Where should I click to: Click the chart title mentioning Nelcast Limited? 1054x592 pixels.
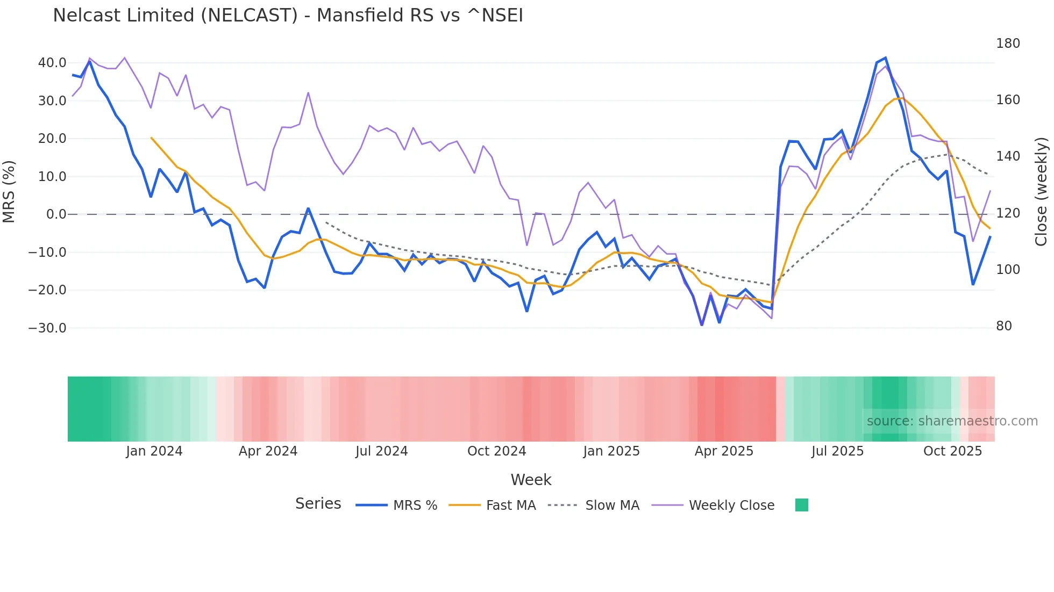pyautogui.click(x=288, y=16)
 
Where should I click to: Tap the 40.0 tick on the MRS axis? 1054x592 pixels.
pyautogui.click(x=52, y=63)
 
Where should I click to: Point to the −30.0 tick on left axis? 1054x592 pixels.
pyautogui.click(x=47, y=328)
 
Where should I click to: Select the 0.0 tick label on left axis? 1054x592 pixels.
pyautogui.click(x=56, y=214)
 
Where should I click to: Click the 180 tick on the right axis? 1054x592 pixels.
pyautogui.click(x=1008, y=44)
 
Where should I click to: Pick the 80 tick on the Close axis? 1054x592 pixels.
pyautogui.click(x=1004, y=326)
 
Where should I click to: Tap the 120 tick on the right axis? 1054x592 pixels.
pyautogui.click(x=1008, y=213)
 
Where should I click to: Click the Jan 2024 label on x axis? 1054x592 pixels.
pyautogui.click(x=154, y=451)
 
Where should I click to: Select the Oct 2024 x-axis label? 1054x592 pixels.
pyautogui.click(x=496, y=451)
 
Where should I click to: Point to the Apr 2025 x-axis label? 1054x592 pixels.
pyautogui.click(x=724, y=451)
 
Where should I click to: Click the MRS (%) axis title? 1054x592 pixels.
pyautogui.click(x=9, y=192)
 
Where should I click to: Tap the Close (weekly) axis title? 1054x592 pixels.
pyautogui.click(x=1042, y=192)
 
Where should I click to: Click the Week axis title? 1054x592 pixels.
pyautogui.click(x=531, y=480)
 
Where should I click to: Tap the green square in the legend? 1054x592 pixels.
pyautogui.click(x=801, y=505)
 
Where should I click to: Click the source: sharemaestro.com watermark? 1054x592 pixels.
pyautogui.click(x=952, y=421)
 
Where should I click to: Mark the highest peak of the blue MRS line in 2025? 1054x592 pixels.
pyautogui.click(x=885, y=58)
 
